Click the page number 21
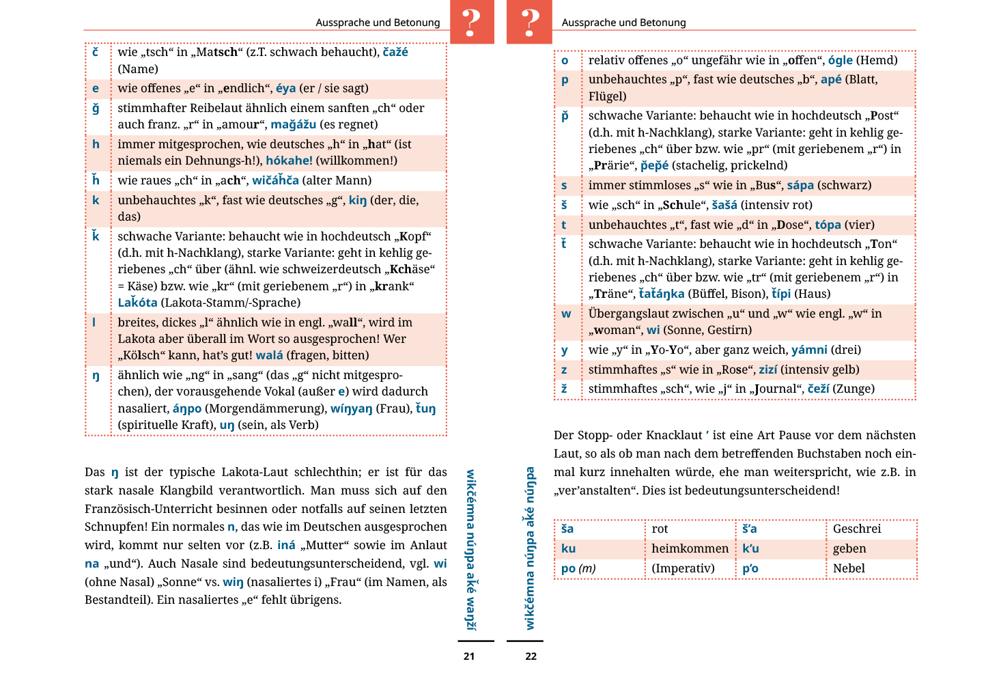coord(469,656)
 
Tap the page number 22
coord(531,656)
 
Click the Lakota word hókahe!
coord(289,161)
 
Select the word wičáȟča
coord(275,180)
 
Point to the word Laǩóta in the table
coord(137,303)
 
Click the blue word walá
coord(269,355)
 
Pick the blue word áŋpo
coord(187,408)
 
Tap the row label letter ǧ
coord(96,108)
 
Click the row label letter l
coord(94,322)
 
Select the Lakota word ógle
coord(840,60)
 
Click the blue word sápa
coord(800,185)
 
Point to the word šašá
coord(724,205)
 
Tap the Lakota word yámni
coord(809,350)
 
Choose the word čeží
coord(818,389)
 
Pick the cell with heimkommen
coord(690,548)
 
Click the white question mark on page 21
coord(471,23)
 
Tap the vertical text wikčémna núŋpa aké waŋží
coord(470,549)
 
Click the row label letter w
coord(566,313)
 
